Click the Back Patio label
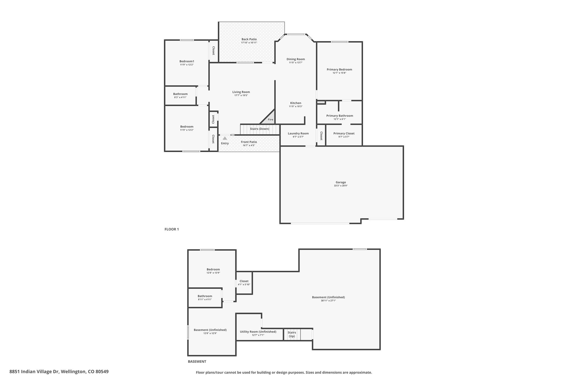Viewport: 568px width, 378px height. [249, 39]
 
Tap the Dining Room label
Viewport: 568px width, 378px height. [296, 59]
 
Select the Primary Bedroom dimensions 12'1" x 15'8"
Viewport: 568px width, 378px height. [339, 73]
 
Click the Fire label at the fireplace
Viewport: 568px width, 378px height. [270, 120]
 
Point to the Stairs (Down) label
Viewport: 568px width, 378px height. [260, 129]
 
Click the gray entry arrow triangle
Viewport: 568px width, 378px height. [225, 138]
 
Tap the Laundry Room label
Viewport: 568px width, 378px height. [298, 133]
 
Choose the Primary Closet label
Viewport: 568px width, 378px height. [344, 133]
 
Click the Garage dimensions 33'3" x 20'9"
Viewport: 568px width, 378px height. [341, 186]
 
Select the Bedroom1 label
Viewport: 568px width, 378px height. [187, 61]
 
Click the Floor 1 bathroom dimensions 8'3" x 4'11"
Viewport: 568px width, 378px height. [180, 97]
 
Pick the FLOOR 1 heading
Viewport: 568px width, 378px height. [172, 229]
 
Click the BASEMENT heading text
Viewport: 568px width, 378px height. [197, 361]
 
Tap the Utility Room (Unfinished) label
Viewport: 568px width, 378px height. [258, 332]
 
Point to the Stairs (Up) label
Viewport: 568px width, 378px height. [292, 334]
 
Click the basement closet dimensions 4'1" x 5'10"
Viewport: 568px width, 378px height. [244, 284]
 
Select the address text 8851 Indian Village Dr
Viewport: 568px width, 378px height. [34, 372]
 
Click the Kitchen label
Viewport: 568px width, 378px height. [296, 103]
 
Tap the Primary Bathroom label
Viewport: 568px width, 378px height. [340, 116]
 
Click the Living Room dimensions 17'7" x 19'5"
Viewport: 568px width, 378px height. [241, 95]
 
